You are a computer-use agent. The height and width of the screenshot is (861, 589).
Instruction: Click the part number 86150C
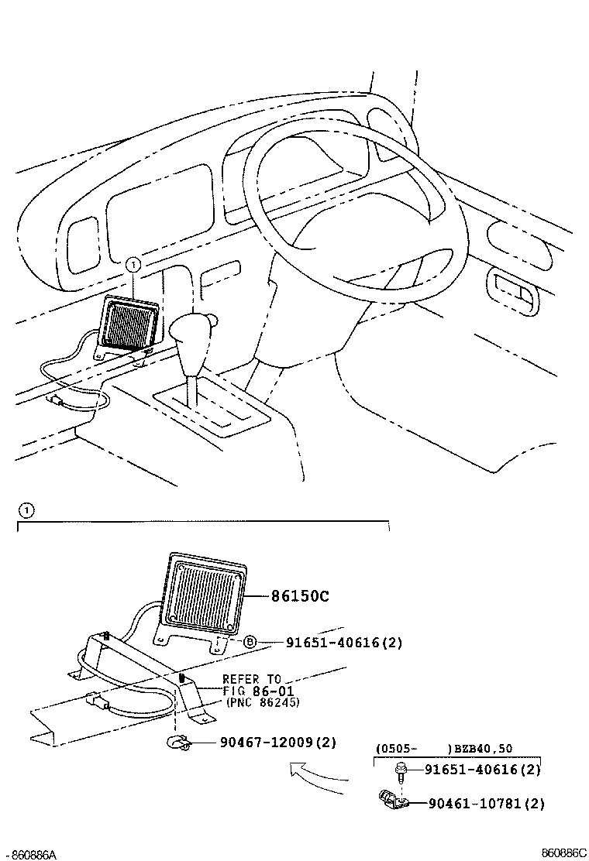pyautogui.click(x=300, y=596)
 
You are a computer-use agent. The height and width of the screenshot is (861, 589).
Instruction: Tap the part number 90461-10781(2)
pyautogui.click(x=486, y=804)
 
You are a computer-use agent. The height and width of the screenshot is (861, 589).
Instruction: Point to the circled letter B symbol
pyautogui.click(x=250, y=641)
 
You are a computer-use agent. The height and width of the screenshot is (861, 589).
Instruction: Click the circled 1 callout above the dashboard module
pyautogui.click(x=133, y=265)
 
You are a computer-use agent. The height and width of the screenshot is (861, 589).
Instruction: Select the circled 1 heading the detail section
pyautogui.click(x=26, y=510)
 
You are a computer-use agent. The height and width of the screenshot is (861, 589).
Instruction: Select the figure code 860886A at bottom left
pyautogui.click(x=30, y=854)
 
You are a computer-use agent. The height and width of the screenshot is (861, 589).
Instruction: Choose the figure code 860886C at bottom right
pyautogui.click(x=563, y=852)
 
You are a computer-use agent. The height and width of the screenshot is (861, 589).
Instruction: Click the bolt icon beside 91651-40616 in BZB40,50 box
pyautogui.click(x=401, y=770)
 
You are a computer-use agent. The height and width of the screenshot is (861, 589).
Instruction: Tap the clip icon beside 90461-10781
pyautogui.click(x=391, y=801)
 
